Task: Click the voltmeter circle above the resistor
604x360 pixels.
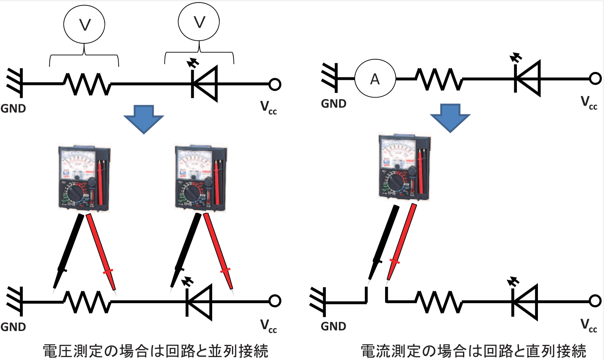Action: click(x=84, y=25)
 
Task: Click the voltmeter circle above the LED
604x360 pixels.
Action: click(x=199, y=22)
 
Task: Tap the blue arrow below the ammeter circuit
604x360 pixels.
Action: click(x=450, y=117)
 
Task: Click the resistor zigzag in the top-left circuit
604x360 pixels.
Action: click(x=87, y=84)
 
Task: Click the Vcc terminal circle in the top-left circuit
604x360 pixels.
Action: click(x=274, y=84)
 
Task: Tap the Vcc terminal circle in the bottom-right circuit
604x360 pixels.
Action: click(x=595, y=301)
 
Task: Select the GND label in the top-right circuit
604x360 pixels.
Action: click(x=333, y=103)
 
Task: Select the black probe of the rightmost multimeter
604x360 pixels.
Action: click(x=383, y=242)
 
